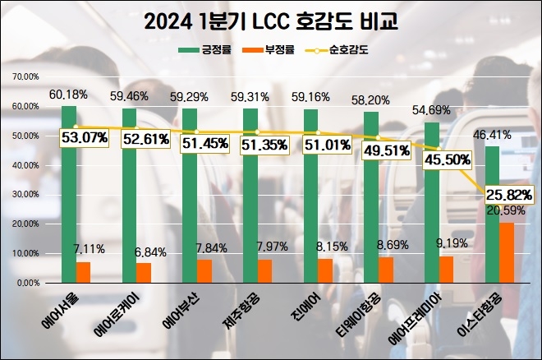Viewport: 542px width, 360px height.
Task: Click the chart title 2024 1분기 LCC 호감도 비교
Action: click(x=271, y=21)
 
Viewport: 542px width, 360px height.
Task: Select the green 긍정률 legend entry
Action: click(x=205, y=50)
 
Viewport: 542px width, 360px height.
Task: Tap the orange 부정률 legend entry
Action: click(x=275, y=50)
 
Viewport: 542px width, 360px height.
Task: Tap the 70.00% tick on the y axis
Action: click(x=25, y=77)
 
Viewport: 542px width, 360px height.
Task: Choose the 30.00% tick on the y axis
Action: click(x=25, y=195)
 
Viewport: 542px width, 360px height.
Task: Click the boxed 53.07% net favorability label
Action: click(x=83, y=136)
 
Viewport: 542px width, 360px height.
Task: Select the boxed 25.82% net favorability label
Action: click(x=508, y=195)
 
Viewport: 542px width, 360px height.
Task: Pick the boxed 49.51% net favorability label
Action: click(x=383, y=150)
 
